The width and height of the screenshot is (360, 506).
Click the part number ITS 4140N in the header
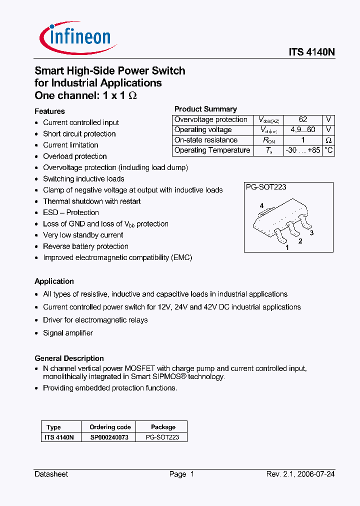coord(311,52)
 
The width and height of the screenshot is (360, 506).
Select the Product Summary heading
coord(205,109)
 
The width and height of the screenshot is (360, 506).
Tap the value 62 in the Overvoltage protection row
coord(303,120)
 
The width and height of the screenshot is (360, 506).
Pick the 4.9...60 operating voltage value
coord(303,130)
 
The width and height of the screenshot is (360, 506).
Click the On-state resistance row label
coord(206,140)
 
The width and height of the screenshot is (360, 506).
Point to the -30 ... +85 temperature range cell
coord(303,150)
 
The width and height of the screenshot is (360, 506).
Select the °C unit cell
coord(328,150)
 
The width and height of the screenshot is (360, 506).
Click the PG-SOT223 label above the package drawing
coord(265,187)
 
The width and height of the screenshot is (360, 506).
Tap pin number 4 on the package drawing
coord(261,206)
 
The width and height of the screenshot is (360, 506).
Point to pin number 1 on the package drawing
coord(287,247)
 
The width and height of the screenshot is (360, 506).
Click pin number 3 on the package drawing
coord(311,233)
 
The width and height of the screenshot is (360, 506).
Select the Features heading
coord(49,111)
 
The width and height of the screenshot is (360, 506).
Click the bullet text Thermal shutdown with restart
coord(92,201)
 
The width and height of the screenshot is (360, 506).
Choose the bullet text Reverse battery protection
coord(85,246)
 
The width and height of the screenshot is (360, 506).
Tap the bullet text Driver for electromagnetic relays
coord(95,320)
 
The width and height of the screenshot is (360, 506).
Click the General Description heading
coord(69,358)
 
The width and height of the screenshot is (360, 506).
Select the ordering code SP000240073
coord(110,437)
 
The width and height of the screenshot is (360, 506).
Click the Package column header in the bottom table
coord(163,427)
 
